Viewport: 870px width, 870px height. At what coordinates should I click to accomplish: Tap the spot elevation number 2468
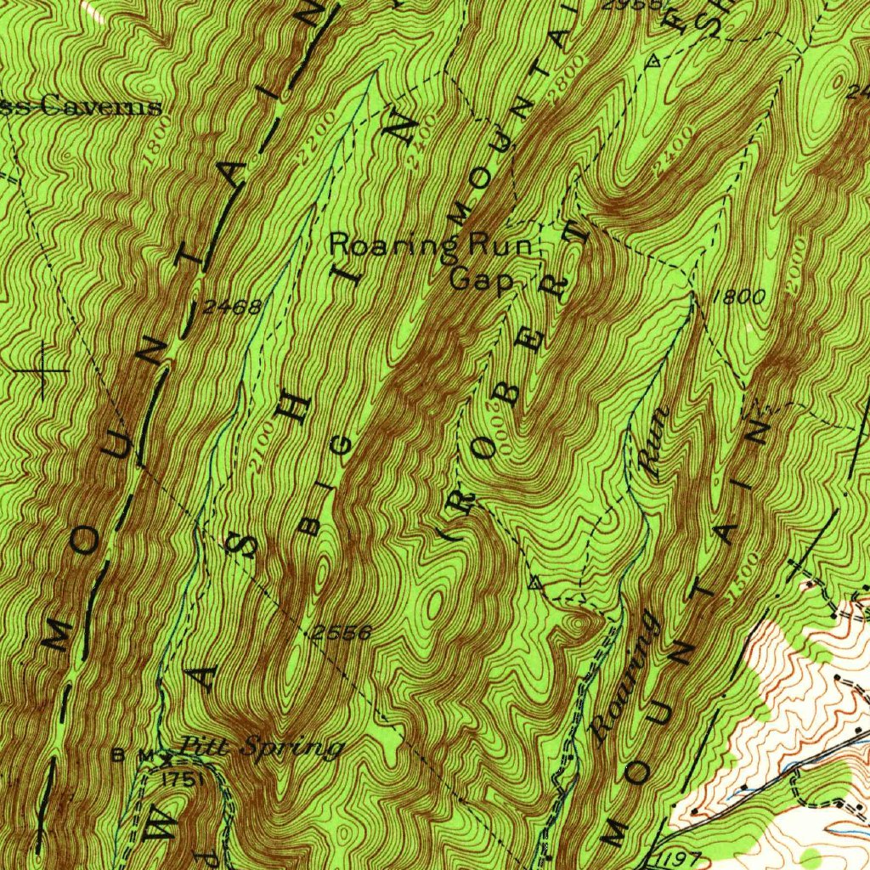point(231,307)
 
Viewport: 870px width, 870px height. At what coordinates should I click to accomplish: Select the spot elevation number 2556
point(341,632)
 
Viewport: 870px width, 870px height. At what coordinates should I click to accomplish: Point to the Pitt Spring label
point(262,748)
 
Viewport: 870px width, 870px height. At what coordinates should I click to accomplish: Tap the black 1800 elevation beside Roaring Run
point(739,297)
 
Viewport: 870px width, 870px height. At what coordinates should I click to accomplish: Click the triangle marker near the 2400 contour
point(652,61)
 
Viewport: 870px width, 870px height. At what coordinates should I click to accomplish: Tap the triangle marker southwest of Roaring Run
point(534,583)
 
